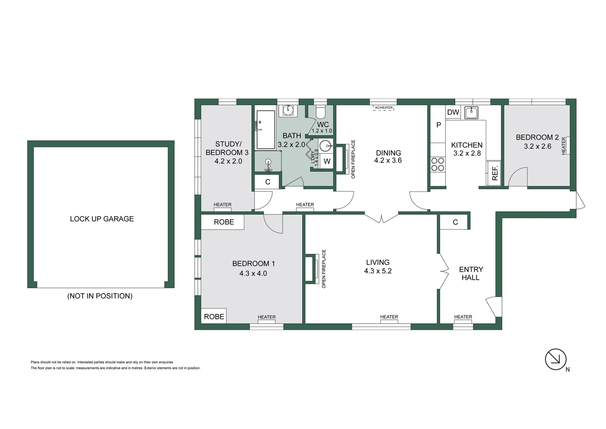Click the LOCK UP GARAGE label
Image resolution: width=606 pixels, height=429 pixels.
coord(102,219)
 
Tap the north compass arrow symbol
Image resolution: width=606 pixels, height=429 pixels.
coord(555,359)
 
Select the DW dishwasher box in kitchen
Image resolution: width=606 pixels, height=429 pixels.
coord(453,112)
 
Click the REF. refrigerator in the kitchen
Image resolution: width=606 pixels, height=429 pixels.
coord(494,173)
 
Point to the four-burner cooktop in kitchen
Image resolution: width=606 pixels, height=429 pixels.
coord(438,164)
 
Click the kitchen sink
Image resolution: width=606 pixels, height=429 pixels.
coord(471,113)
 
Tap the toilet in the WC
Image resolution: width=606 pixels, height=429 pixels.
coord(320,112)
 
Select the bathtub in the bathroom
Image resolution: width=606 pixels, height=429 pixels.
coord(265,129)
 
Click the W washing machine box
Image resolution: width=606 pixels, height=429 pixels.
coord(327,162)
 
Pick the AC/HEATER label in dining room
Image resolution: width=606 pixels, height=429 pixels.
coord(384,108)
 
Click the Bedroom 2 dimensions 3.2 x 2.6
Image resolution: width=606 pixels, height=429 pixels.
coord(537,146)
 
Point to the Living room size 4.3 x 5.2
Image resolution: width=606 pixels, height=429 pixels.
coord(378,271)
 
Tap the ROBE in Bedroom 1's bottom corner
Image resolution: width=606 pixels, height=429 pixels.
coord(214,317)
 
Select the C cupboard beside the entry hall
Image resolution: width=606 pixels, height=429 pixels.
coord(455,222)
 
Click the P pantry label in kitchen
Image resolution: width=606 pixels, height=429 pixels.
coord(438,125)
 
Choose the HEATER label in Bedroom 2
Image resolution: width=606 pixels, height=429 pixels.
coord(564,146)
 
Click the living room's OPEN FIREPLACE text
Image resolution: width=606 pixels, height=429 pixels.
coord(324,269)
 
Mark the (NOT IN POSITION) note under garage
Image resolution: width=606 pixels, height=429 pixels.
coord(100,296)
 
